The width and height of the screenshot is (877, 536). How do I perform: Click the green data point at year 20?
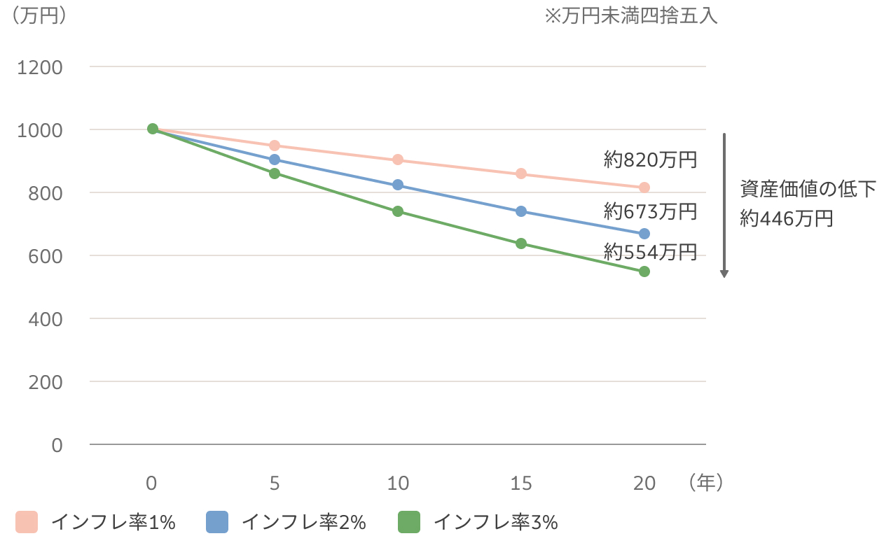(644, 271)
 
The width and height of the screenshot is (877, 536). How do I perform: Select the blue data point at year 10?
(398, 185)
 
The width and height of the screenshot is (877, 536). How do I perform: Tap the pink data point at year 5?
(275, 146)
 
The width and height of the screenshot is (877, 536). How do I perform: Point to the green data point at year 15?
(521, 244)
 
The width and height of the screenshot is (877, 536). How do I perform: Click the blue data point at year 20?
(644, 234)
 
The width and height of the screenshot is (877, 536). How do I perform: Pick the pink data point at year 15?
(521, 174)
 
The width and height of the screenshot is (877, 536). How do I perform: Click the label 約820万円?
(650, 160)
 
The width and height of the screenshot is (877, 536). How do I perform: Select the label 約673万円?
(650, 211)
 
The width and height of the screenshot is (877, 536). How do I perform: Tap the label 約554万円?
(650, 252)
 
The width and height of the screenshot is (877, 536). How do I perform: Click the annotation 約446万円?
(787, 219)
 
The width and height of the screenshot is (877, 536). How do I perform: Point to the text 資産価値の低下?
(808, 188)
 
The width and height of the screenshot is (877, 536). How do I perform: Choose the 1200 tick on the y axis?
(43, 67)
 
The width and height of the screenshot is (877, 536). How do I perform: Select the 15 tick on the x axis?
(521, 484)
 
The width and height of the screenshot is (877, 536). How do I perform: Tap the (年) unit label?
(705, 482)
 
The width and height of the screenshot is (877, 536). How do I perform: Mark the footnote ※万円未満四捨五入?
(631, 16)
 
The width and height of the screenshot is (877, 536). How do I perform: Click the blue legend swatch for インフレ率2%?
(217, 522)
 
